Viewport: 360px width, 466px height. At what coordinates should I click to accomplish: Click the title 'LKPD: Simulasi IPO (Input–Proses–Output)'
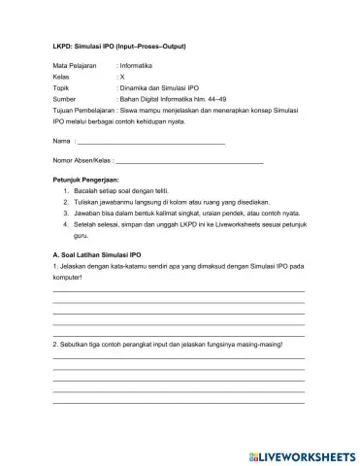point(117,46)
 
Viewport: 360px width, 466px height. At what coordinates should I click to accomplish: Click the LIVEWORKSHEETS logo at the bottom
point(302,453)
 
